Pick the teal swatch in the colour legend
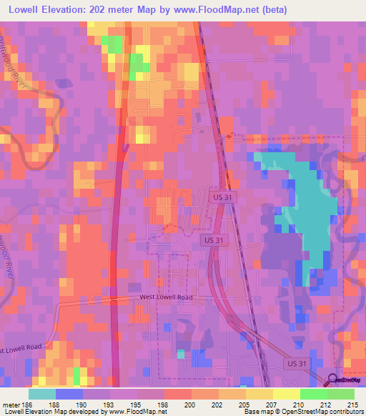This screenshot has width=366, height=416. [x=42, y=394]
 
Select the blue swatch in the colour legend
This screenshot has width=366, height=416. [x=69, y=394]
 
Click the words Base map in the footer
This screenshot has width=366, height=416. [x=256, y=412]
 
